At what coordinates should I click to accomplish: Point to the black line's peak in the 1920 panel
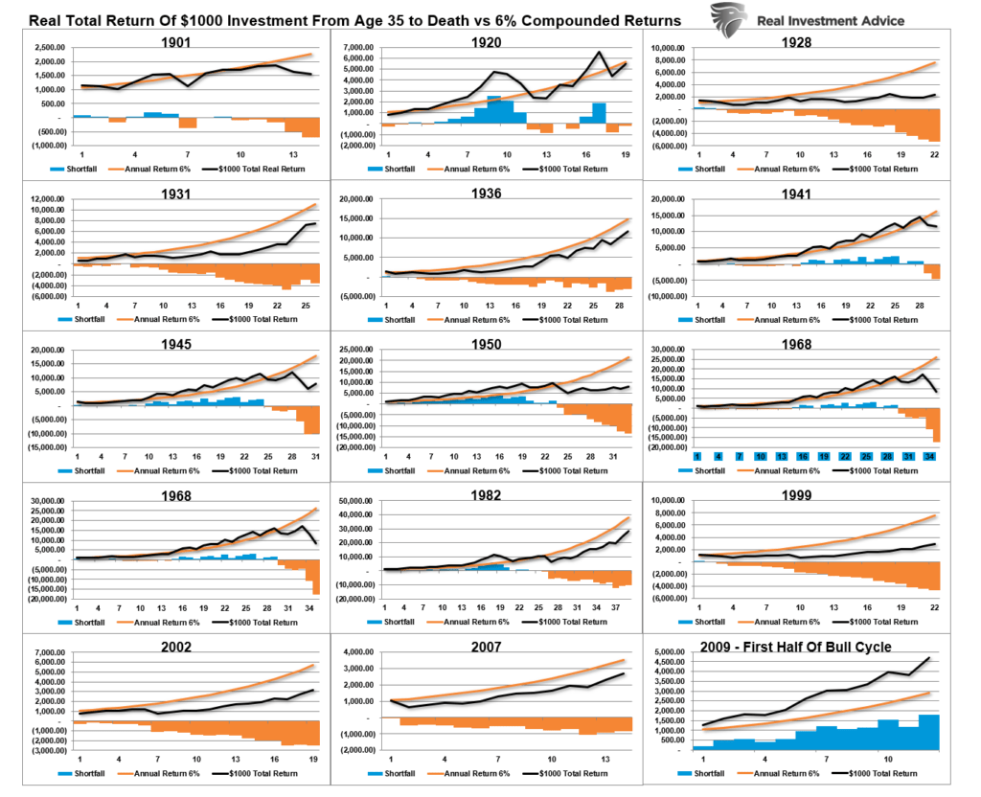[x=599, y=53]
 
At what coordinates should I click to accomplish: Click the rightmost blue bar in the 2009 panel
[x=929, y=732]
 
